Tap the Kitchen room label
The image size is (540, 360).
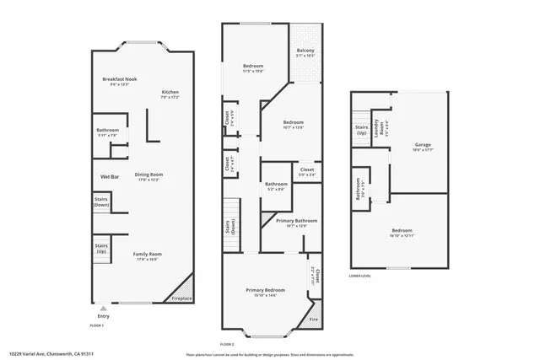[x=170, y=92]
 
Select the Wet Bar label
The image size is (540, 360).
[x=110, y=176]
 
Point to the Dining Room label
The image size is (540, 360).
[x=147, y=175]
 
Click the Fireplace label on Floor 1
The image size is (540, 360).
[x=181, y=298]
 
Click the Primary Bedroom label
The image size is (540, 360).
[x=265, y=290]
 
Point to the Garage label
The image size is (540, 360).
[x=422, y=144]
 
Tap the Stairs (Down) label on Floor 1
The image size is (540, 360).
[x=101, y=203]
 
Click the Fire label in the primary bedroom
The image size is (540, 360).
[x=313, y=320]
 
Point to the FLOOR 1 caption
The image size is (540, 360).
[x=96, y=325]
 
